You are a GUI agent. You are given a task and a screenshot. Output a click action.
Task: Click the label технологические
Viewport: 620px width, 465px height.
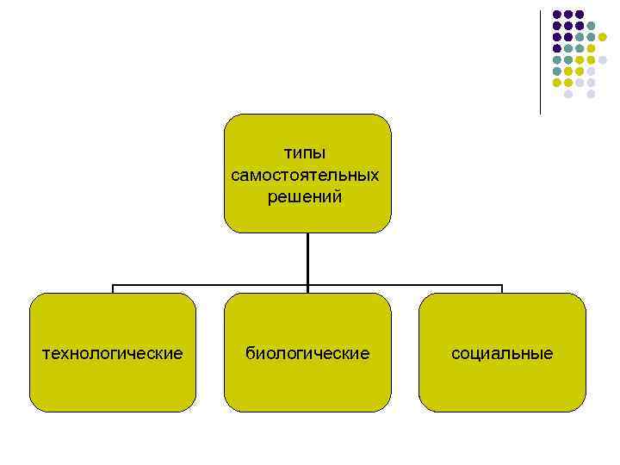point(113,353)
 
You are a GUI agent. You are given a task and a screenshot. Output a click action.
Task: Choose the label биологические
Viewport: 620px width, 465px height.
point(307,353)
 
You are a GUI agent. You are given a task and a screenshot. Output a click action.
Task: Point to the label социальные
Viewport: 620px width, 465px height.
point(502,353)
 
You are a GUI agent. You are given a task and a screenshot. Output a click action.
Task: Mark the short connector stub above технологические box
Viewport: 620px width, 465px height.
point(113,289)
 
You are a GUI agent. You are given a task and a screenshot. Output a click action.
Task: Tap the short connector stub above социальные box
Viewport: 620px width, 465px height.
point(502,289)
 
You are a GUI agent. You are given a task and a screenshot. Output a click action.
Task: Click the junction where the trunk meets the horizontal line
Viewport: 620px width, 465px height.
point(307,285)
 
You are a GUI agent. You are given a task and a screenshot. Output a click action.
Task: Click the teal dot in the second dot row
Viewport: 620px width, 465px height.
point(591,26)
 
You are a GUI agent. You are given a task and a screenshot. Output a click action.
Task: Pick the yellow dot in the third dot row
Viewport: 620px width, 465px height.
point(602,37)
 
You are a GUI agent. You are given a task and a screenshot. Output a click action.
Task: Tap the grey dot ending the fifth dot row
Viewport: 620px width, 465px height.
point(602,59)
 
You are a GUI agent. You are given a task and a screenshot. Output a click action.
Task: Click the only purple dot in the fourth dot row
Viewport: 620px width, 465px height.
point(557,48)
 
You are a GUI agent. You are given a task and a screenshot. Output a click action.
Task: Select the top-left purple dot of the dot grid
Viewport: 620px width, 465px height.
point(557,15)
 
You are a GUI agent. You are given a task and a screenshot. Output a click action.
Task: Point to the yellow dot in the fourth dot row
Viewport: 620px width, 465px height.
point(591,48)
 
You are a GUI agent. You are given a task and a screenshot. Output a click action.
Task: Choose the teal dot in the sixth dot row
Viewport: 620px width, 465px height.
point(557,71)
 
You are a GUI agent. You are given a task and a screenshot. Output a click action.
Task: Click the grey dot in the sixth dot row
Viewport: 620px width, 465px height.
point(591,71)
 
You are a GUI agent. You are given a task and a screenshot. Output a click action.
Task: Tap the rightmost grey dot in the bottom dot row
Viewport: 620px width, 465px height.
point(591,94)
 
